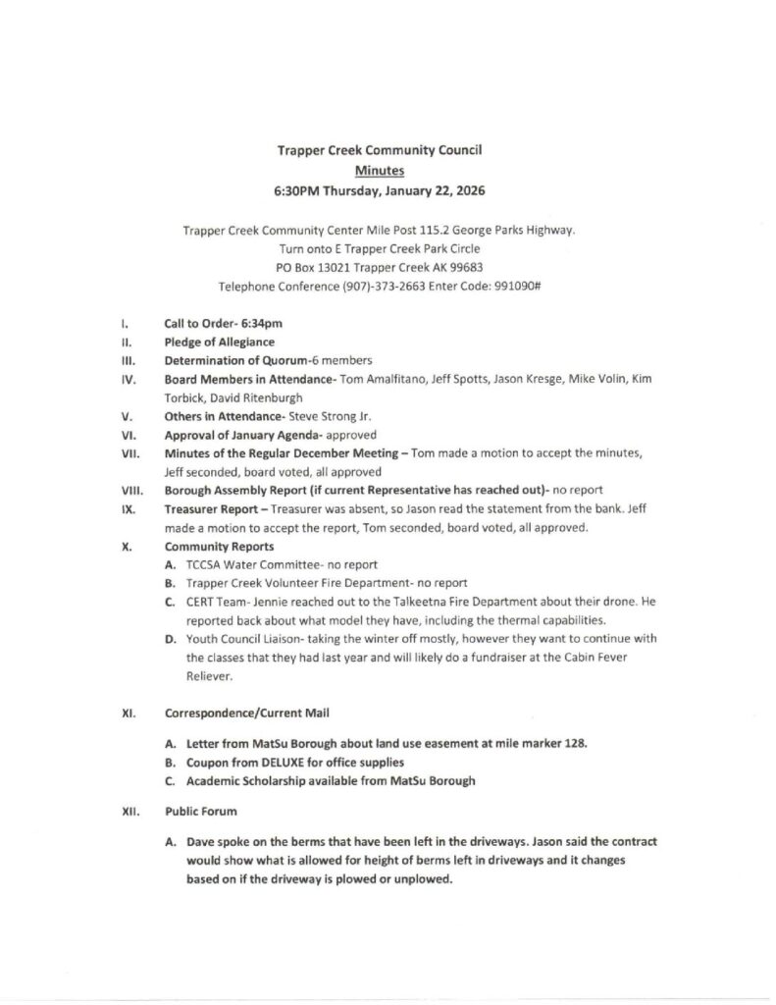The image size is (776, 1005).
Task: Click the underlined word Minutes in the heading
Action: (x=379, y=169)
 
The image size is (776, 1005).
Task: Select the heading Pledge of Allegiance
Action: (x=219, y=342)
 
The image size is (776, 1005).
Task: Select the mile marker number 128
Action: (x=576, y=744)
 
